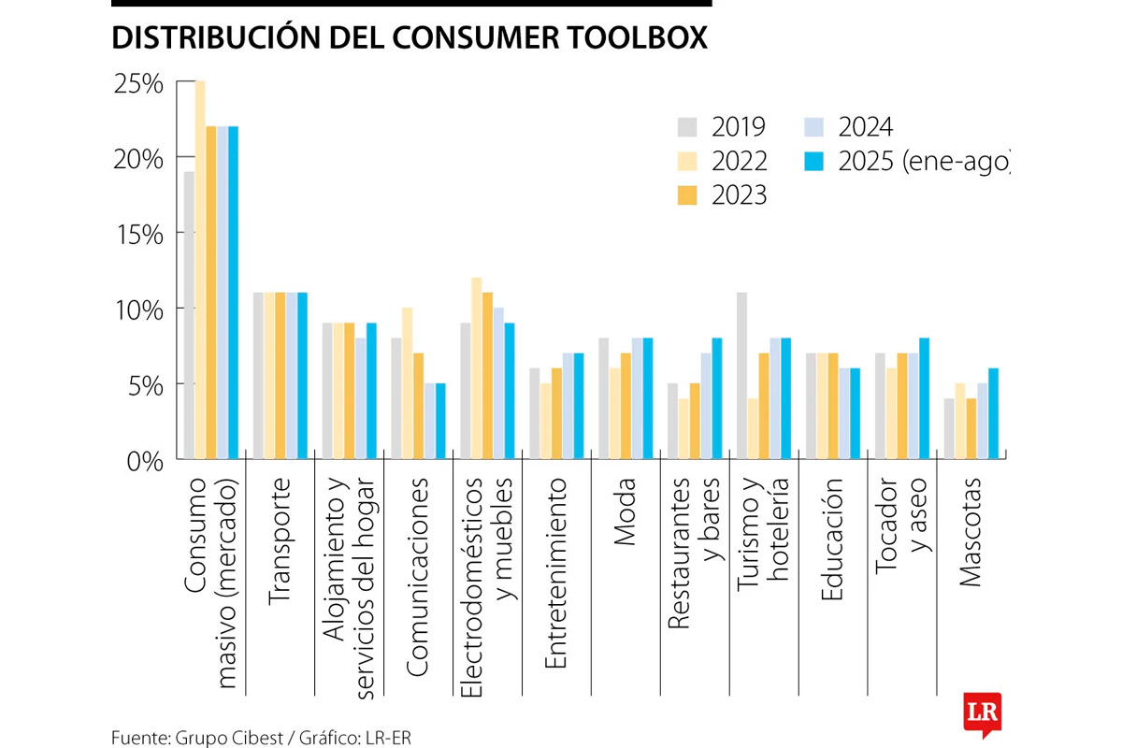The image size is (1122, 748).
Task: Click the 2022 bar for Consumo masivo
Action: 200,271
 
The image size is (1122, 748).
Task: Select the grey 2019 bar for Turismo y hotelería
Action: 742,376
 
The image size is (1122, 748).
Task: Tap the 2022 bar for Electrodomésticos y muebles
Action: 476,368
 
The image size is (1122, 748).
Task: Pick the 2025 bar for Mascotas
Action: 993,414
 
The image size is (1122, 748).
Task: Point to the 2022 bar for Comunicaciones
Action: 407,383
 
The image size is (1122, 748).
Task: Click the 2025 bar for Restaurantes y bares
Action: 717,399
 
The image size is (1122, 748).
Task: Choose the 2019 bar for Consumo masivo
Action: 189,316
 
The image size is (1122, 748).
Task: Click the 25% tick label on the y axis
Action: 138,84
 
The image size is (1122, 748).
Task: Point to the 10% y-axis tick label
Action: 138,309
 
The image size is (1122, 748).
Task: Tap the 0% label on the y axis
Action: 146,461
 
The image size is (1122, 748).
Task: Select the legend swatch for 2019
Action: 688,127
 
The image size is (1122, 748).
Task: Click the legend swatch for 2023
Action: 688,195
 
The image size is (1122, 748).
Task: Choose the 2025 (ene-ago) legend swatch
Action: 814,162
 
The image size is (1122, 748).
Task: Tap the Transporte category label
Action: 281,542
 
